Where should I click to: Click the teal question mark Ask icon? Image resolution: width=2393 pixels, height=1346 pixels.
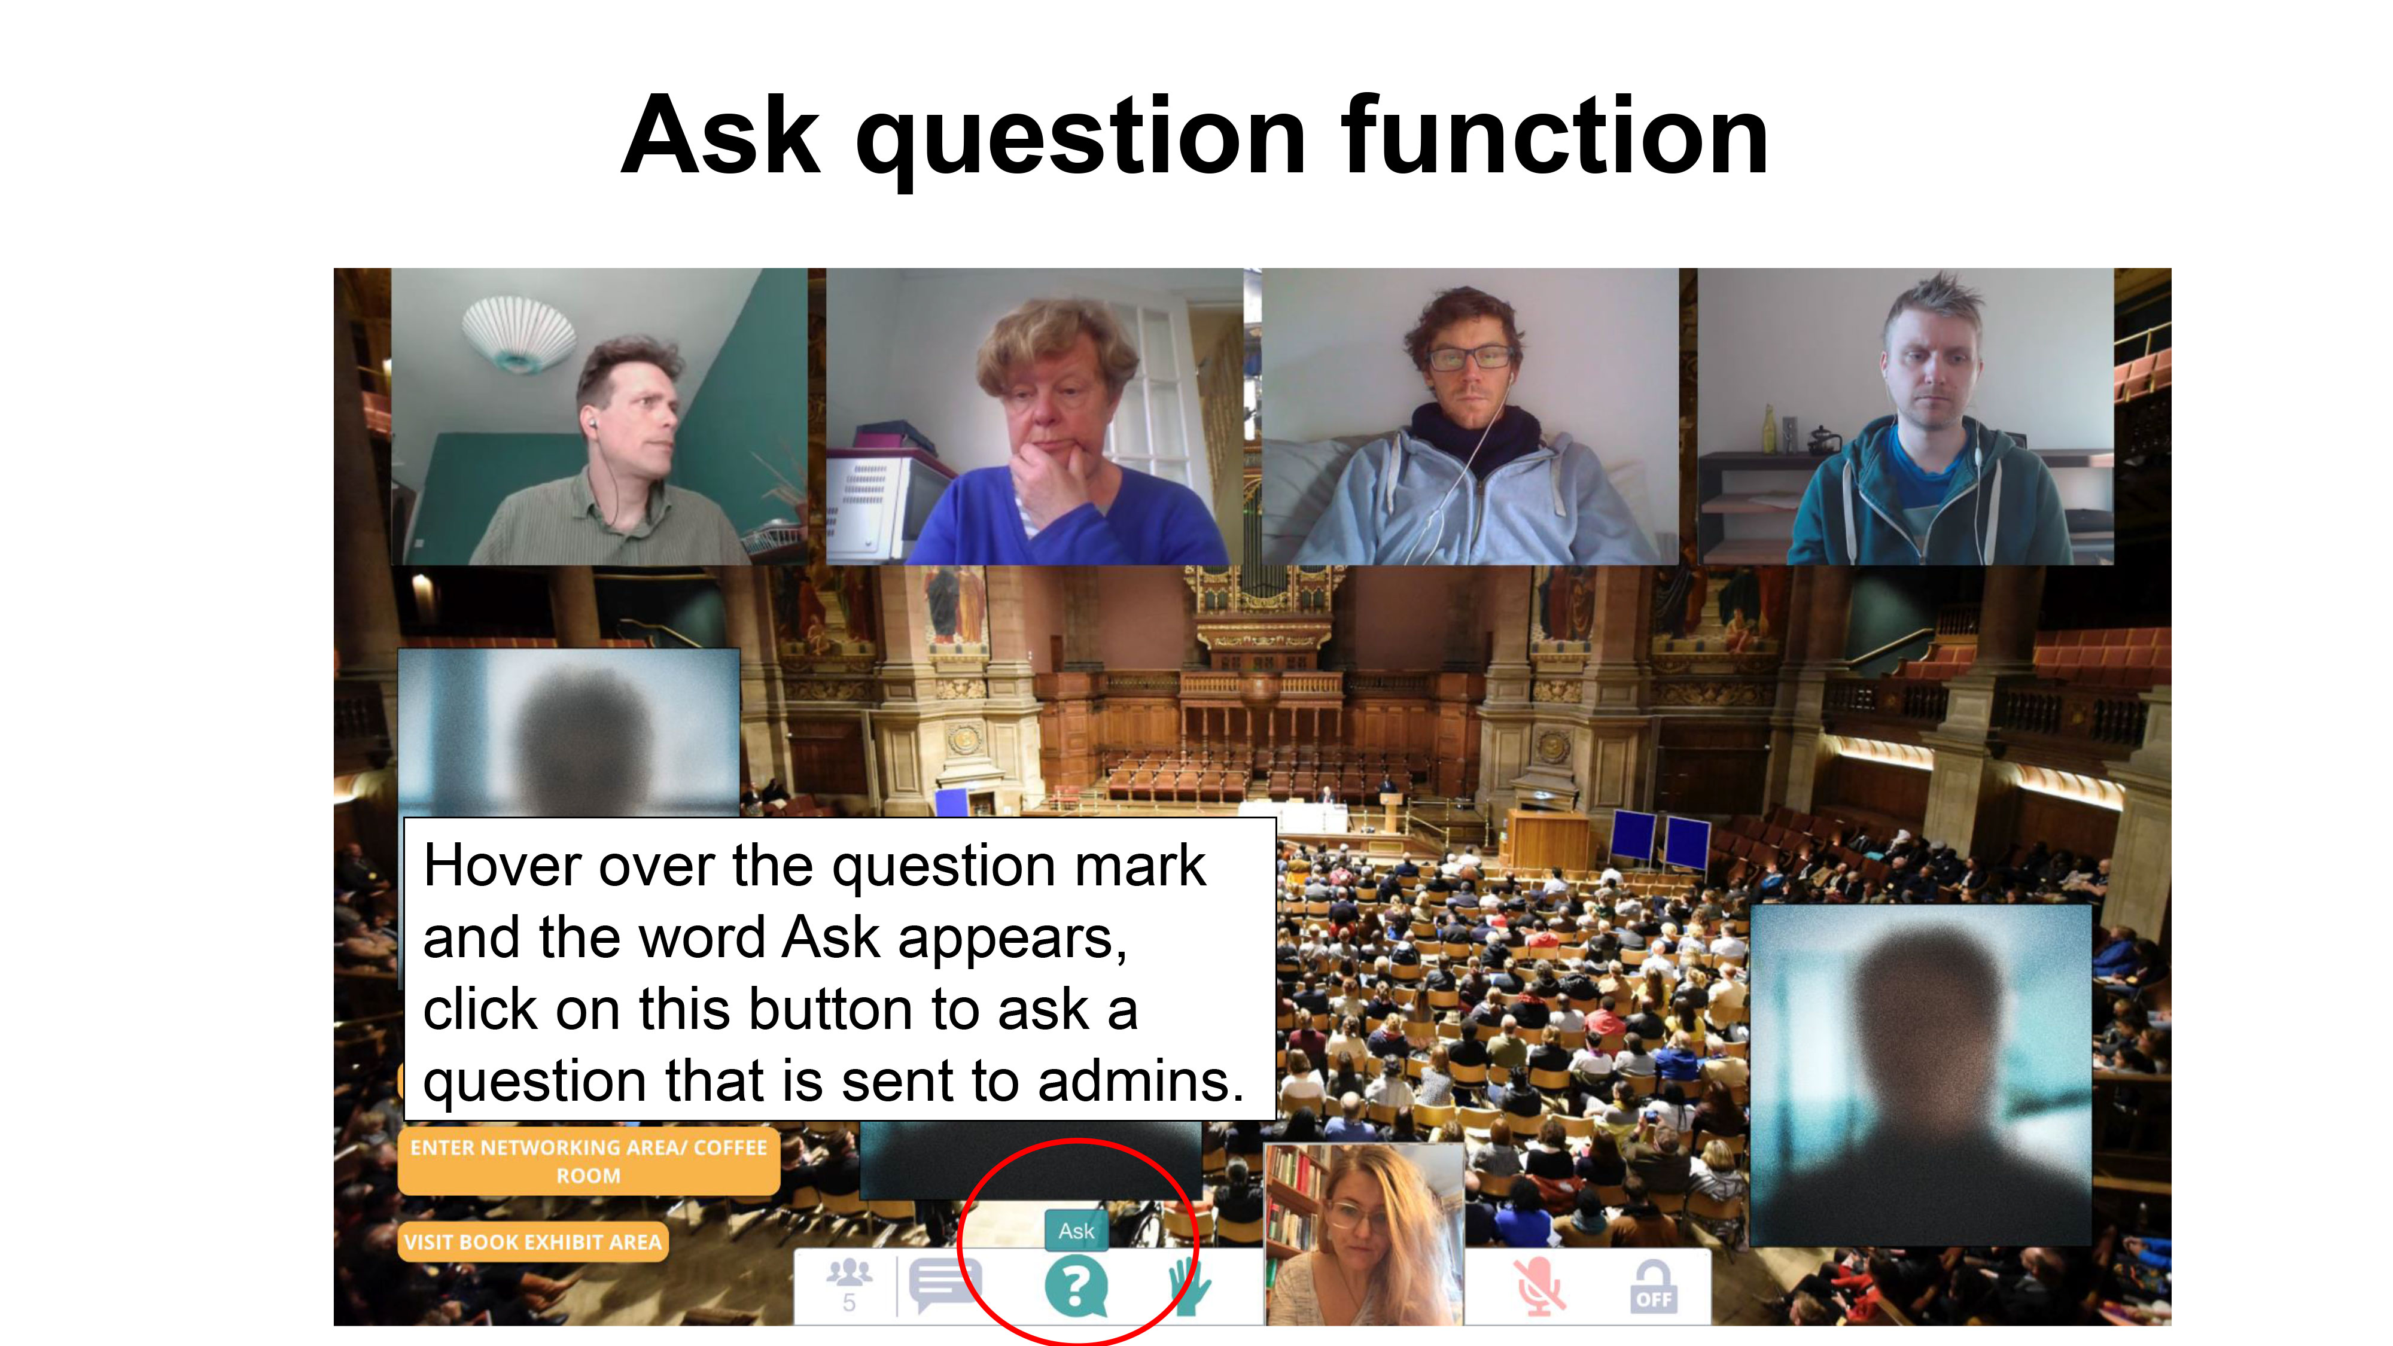click(x=1076, y=1287)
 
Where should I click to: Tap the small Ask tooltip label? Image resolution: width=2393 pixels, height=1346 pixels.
click(x=1077, y=1231)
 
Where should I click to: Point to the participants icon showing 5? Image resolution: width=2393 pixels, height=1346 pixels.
click(x=849, y=1285)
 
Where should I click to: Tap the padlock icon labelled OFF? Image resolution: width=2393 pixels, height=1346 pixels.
click(x=1654, y=1287)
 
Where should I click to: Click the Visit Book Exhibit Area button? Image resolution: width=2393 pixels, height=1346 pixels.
click(x=533, y=1242)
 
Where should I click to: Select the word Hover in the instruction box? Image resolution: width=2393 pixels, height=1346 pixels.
click(x=502, y=866)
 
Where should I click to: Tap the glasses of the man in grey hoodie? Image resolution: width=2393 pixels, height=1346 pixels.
click(x=1470, y=357)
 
